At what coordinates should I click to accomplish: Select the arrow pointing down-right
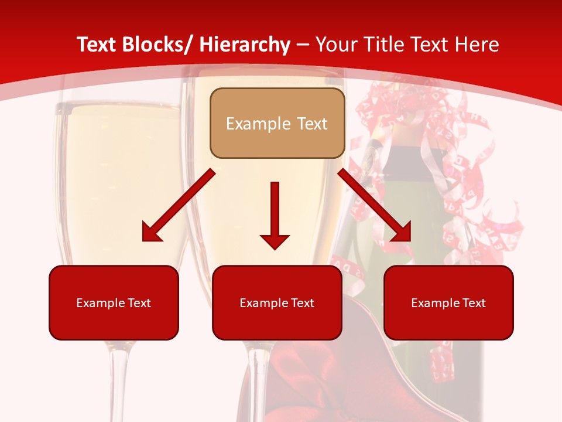pos(375,206)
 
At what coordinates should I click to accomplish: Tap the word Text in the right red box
pos(473,303)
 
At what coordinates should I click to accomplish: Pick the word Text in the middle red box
pos(301,303)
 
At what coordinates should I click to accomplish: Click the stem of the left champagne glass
pos(119,381)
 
